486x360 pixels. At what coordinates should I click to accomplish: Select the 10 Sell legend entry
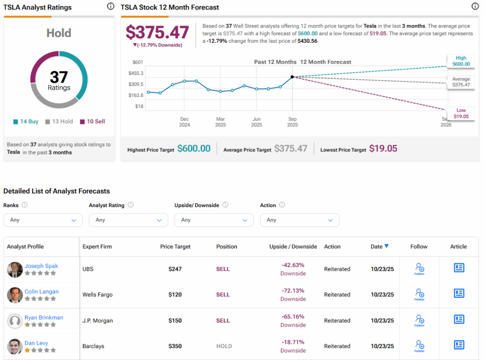pyautogui.click(x=93, y=122)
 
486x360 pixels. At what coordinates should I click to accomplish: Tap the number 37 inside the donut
pyautogui.click(x=59, y=77)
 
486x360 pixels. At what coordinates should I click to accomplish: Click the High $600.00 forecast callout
pyautogui.click(x=461, y=61)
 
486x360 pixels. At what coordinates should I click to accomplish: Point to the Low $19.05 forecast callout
pyautogui.click(x=461, y=113)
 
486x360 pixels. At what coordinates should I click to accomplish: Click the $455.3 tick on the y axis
pyautogui.click(x=136, y=73)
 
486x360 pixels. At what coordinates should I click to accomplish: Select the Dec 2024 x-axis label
pyautogui.click(x=185, y=122)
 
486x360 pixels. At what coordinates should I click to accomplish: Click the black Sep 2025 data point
pyautogui.click(x=292, y=77)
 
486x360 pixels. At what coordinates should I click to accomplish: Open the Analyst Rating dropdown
pyautogui.click(x=128, y=220)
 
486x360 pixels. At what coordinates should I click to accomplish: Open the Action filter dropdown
pyautogui.click(x=299, y=220)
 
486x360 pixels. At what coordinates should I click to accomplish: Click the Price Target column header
pyautogui.click(x=175, y=246)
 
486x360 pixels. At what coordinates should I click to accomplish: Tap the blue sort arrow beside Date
pyautogui.click(x=387, y=246)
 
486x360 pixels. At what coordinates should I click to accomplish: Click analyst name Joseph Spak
pyautogui.click(x=41, y=266)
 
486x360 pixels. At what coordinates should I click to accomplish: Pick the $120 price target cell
pyautogui.click(x=175, y=294)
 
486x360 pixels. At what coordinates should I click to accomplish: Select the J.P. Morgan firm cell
pyautogui.click(x=98, y=321)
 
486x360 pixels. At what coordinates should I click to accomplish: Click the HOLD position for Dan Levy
pyautogui.click(x=224, y=346)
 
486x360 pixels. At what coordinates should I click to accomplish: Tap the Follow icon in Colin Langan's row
pyautogui.click(x=419, y=294)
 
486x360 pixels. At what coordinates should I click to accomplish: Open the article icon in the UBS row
pyautogui.click(x=458, y=268)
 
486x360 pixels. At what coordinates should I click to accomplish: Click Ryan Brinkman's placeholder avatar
pyautogui.click(x=15, y=321)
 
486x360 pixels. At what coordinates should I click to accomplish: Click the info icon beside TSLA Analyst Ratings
pyautogui.click(x=111, y=7)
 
